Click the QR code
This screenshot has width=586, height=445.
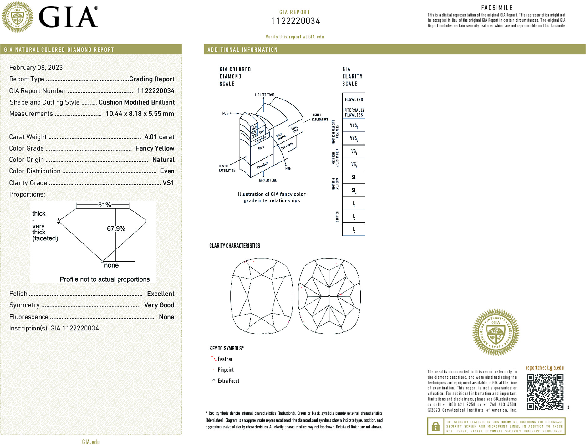pyautogui.click(x=545, y=391)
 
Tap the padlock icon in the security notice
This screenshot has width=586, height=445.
pyautogui.click(x=435, y=426)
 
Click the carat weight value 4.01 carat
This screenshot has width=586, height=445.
pyautogui.click(x=159, y=137)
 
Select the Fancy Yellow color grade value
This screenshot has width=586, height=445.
pyautogui.click(x=155, y=148)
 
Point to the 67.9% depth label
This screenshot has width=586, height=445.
pyautogui.click(x=116, y=229)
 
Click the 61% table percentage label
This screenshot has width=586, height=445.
pyautogui.click(x=104, y=205)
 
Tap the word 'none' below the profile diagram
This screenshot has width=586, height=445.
pyautogui.click(x=111, y=265)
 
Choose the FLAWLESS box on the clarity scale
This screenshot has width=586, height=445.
pyautogui.click(x=354, y=100)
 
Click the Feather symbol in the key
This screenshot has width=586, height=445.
pyautogui.click(x=213, y=359)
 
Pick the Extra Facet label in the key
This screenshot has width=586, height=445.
pyautogui.click(x=228, y=381)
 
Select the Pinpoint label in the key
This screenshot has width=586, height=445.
pyautogui.click(x=226, y=370)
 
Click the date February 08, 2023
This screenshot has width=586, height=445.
pyautogui.click(x=36, y=68)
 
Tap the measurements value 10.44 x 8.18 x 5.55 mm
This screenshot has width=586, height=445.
pyautogui.click(x=140, y=114)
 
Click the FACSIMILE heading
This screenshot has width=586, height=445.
pyautogui.click(x=497, y=8)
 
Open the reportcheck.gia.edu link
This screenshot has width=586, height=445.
pyautogui.click(x=545, y=368)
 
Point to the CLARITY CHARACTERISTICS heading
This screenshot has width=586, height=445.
pyautogui.click(x=235, y=246)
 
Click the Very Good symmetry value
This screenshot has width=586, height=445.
pyautogui.click(x=159, y=305)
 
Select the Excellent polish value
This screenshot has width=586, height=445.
pyautogui.click(x=161, y=294)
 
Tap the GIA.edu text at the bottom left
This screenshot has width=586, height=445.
pyautogui.click(x=91, y=442)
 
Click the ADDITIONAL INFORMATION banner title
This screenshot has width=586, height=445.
pyautogui.click(x=242, y=50)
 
